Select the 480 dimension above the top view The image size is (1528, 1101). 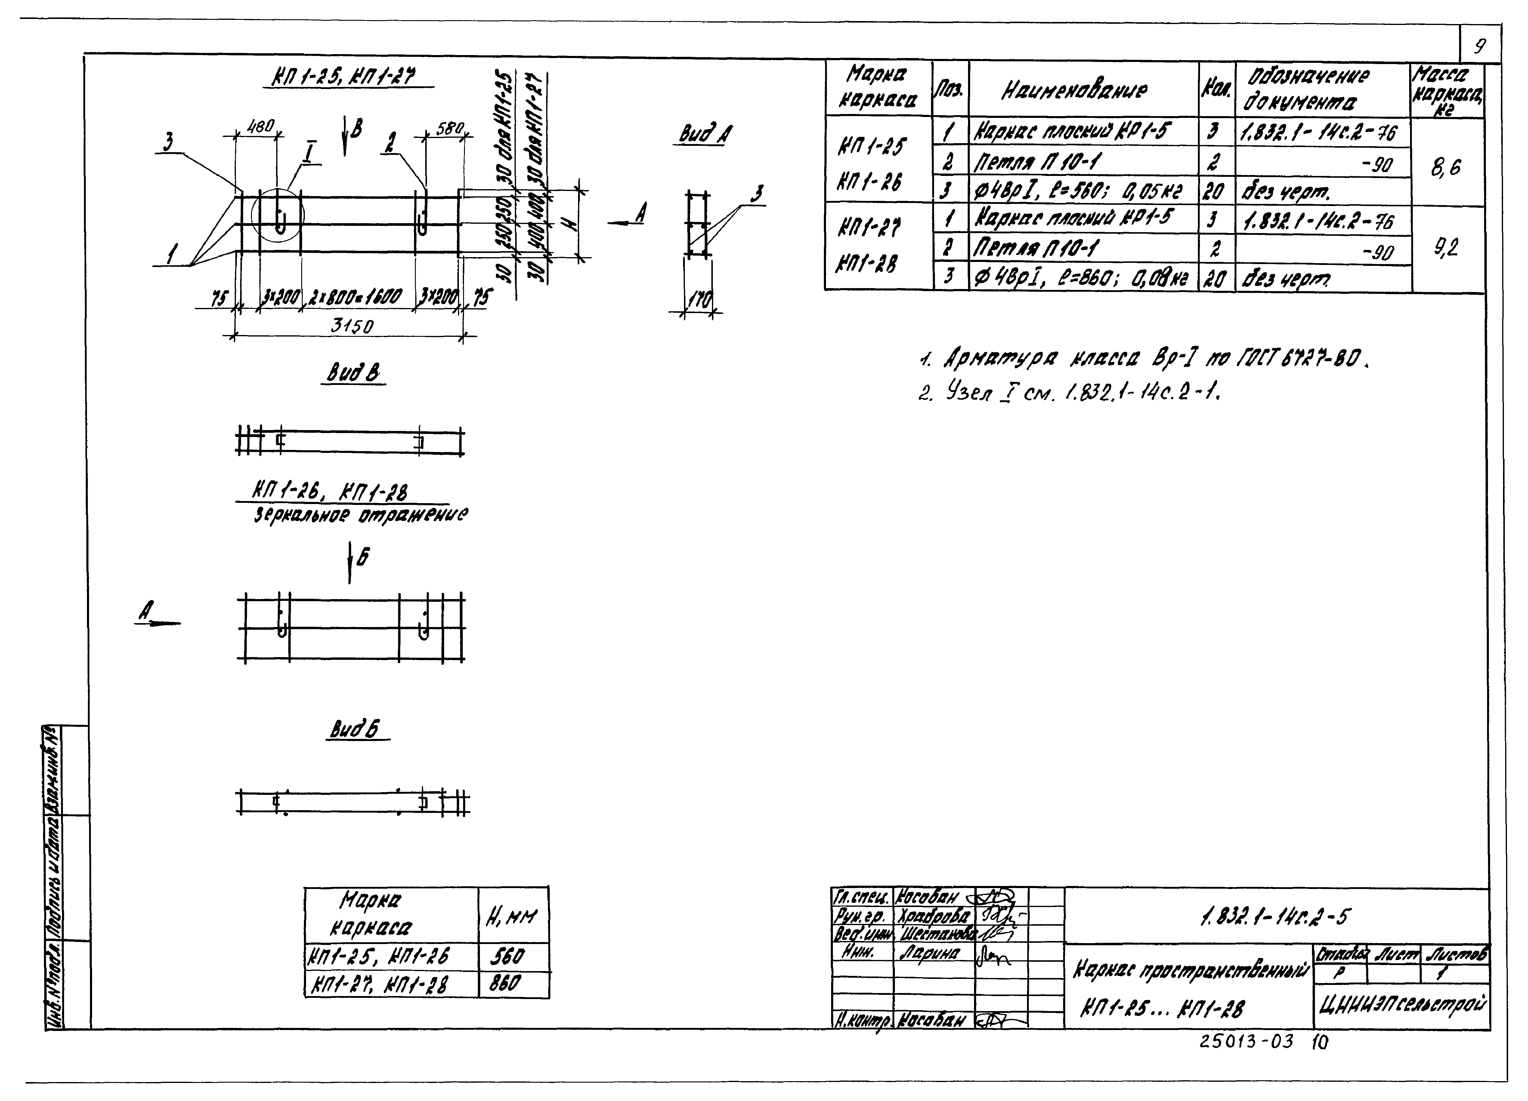(261, 126)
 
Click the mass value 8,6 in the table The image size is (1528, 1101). (1446, 166)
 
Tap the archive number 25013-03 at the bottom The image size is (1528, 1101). (1246, 1042)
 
